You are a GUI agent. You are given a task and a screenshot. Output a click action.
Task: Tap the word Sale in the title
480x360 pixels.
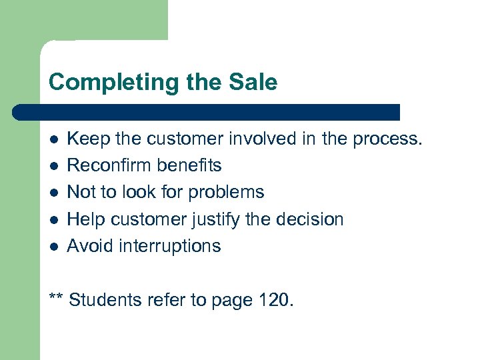pos(251,83)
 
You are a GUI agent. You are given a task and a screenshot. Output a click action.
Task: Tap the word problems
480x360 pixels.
pos(226,193)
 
